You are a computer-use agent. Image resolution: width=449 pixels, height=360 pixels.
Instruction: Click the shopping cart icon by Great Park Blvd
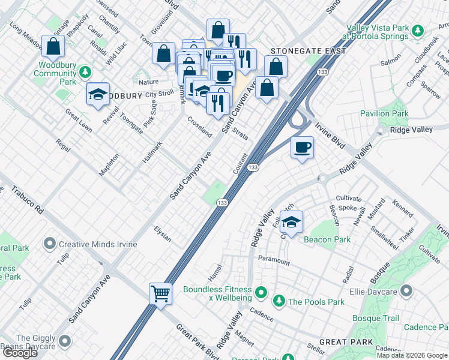point(160,294)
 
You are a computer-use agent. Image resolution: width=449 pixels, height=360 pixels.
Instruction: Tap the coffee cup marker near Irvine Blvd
point(303,147)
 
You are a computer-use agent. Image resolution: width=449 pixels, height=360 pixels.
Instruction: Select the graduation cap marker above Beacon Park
point(291,222)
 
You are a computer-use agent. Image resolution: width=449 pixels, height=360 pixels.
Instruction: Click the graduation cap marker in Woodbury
point(98,94)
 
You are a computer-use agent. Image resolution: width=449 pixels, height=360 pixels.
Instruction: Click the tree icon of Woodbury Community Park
point(86,73)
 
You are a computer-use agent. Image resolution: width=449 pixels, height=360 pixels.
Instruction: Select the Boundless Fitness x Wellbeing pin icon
point(261,293)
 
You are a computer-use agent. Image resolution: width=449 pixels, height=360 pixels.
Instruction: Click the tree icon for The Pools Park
point(279,301)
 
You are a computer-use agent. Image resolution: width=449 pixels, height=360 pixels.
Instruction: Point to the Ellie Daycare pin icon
point(406,292)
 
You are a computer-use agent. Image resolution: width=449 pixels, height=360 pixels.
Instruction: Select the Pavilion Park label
point(384,113)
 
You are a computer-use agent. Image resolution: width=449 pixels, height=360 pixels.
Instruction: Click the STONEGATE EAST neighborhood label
point(308,51)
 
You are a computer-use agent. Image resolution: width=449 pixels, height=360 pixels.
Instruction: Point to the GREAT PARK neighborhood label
point(342,341)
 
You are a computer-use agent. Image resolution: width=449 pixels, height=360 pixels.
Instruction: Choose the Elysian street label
point(163,235)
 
